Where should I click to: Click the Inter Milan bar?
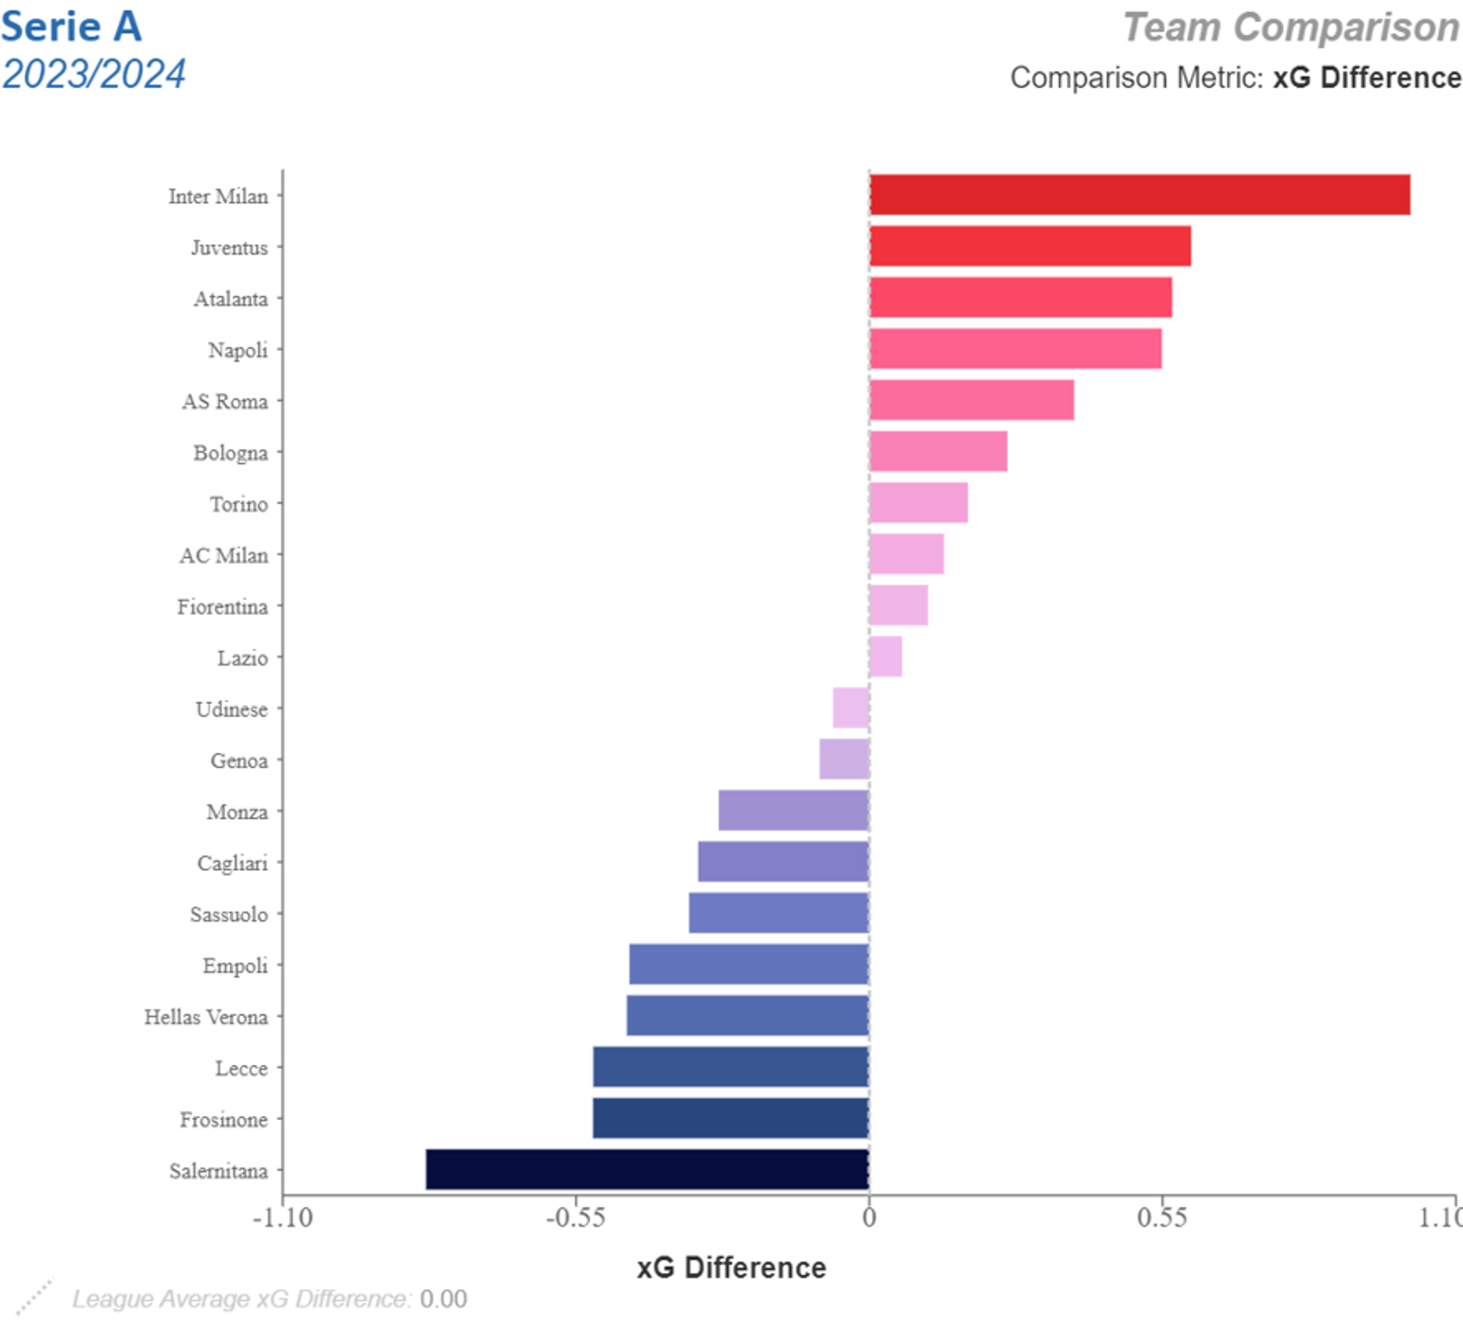[x=1139, y=195]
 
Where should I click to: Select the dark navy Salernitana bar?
[x=647, y=1169]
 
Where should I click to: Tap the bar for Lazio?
[x=885, y=657]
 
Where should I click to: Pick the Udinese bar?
[x=850, y=708]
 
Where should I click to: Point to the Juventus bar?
[x=1029, y=246]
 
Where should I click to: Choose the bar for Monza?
[x=793, y=811]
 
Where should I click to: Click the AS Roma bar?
[x=972, y=400]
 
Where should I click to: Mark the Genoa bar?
[x=844, y=759]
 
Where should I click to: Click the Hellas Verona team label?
[x=206, y=1017]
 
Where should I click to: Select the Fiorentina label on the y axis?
[x=222, y=607]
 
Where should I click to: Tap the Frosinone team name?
[x=223, y=1120]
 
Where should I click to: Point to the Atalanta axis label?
[x=230, y=299]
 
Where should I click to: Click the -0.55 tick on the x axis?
[x=575, y=1217]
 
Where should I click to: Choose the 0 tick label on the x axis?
[x=869, y=1217]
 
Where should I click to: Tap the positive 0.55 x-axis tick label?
[x=1161, y=1217]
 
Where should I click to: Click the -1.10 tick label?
[x=283, y=1217]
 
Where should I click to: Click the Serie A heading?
[x=72, y=27]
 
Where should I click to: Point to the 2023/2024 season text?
[x=93, y=74]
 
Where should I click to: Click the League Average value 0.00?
[x=443, y=1299]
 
